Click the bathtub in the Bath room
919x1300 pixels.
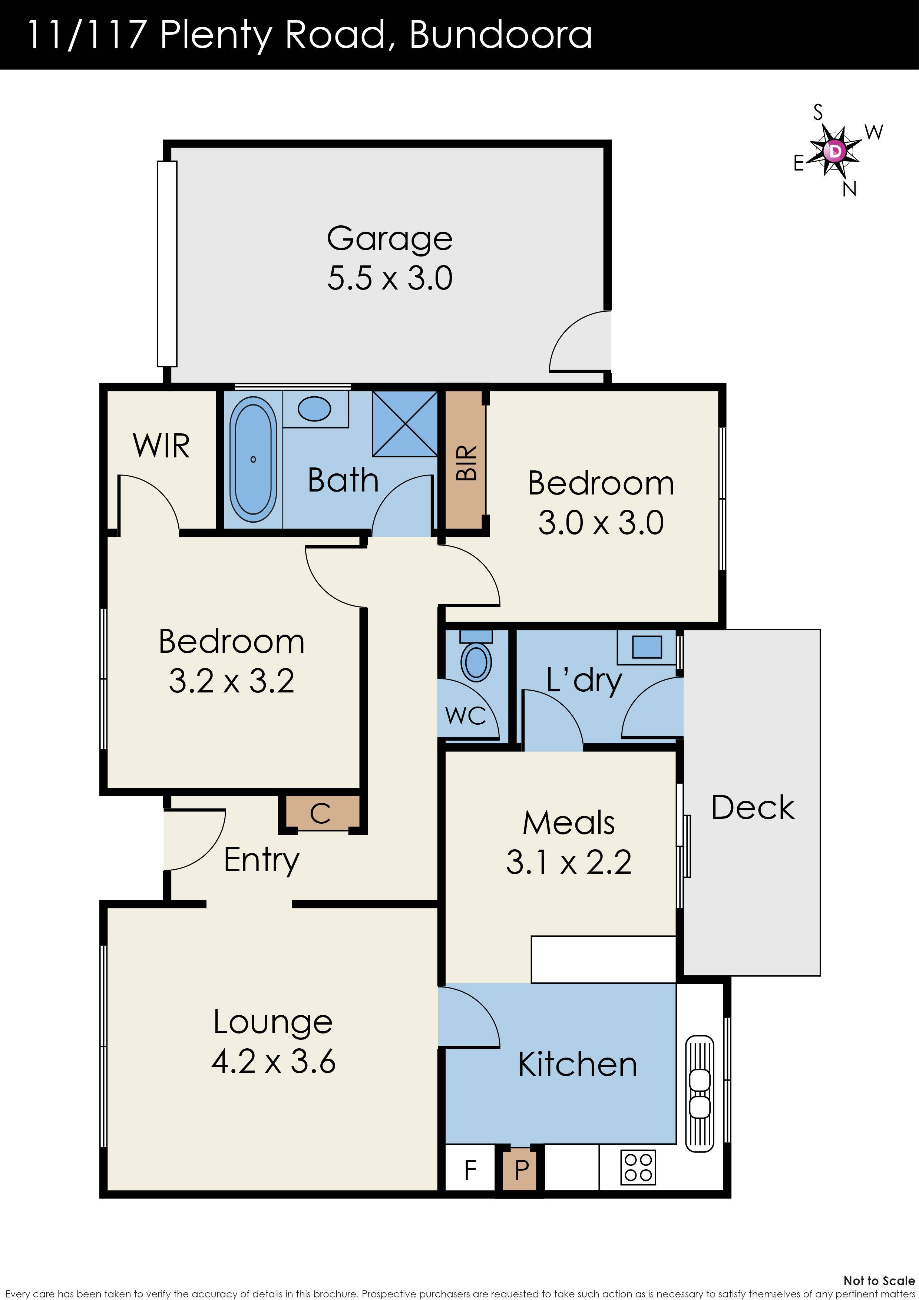coord(253,459)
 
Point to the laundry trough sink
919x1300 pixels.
coord(647,646)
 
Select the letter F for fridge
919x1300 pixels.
coord(470,1170)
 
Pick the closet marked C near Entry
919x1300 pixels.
coord(321,814)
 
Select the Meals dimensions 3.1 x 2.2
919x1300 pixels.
coord(569,862)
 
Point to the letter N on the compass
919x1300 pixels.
coord(849,189)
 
